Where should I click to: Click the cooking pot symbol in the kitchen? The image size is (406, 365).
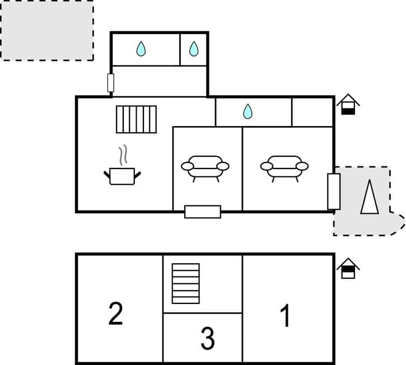tap(122, 176)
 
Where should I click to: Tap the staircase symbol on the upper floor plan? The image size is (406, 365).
tap(136, 119)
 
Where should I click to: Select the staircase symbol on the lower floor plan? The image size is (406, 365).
tap(185, 283)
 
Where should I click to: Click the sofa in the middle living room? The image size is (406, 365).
tap(205, 167)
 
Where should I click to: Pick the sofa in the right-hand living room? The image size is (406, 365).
tap(284, 167)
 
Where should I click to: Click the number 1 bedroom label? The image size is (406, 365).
tap(286, 316)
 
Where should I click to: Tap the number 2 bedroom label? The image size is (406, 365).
tap(115, 314)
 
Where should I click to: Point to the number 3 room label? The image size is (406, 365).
tap(207, 338)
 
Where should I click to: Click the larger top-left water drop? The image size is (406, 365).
tap(141, 49)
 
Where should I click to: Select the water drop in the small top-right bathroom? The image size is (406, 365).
tap(194, 49)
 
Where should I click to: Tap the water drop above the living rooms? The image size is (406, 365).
tap(248, 112)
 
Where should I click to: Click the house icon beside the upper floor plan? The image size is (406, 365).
tap(348, 105)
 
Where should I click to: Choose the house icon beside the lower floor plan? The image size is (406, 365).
tap(348, 268)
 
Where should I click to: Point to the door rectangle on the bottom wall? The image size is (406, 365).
tap(203, 212)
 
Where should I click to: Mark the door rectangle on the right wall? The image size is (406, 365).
tap(334, 191)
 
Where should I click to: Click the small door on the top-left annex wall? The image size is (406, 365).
tap(111, 83)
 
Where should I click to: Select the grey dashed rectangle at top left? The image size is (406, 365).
tap(46, 30)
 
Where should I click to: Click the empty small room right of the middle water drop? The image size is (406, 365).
tap(312, 112)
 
